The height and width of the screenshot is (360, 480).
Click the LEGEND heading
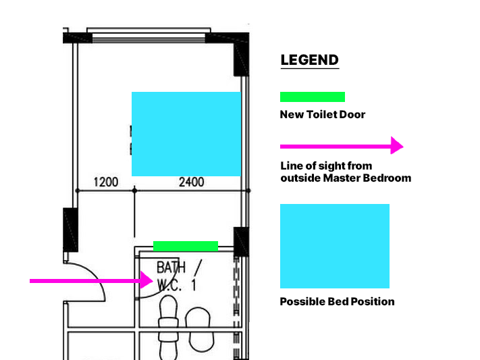pyautogui.click(x=309, y=60)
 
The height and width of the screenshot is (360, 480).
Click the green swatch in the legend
pyautogui.click(x=313, y=97)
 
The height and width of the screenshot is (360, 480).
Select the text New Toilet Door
pyautogui.click(x=322, y=115)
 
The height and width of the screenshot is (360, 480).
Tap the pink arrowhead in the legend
pyautogui.click(x=397, y=146)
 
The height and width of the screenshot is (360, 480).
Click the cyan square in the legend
pyautogui.click(x=335, y=246)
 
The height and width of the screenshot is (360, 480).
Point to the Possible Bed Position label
pyautogui.click(x=337, y=301)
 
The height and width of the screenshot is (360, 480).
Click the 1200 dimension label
pyautogui.click(x=105, y=182)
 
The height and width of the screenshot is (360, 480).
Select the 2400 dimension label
pyautogui.click(x=191, y=182)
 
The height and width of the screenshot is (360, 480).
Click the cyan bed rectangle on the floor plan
pyautogui.click(x=186, y=134)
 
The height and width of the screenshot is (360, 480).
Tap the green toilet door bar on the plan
pyautogui.click(x=186, y=246)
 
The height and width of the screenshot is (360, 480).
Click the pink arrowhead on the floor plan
pyautogui.click(x=146, y=280)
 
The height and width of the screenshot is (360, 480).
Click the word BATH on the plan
pyautogui.click(x=171, y=267)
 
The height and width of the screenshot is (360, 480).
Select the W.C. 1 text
pyautogui.click(x=176, y=285)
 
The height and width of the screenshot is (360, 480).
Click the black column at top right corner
pyautogui.click(x=242, y=57)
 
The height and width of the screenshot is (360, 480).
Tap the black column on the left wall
pyautogui.click(x=70, y=229)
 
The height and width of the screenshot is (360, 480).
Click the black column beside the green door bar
pyautogui.click(x=242, y=241)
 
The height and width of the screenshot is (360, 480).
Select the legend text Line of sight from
pyautogui.click(x=326, y=166)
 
